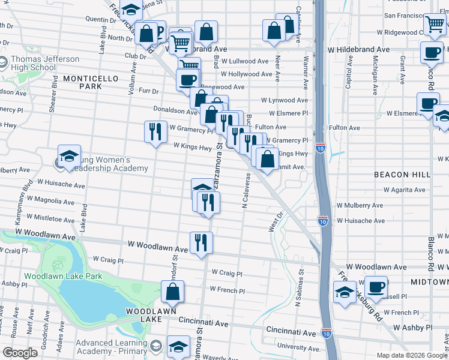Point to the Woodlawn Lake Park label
point(63,276)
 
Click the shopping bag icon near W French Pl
point(173,292)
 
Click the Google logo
point(20,353)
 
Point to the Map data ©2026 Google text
point(412,355)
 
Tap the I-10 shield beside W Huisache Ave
point(323,221)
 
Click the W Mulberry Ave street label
point(360,205)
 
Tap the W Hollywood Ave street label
point(244,74)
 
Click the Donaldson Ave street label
point(175,112)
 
